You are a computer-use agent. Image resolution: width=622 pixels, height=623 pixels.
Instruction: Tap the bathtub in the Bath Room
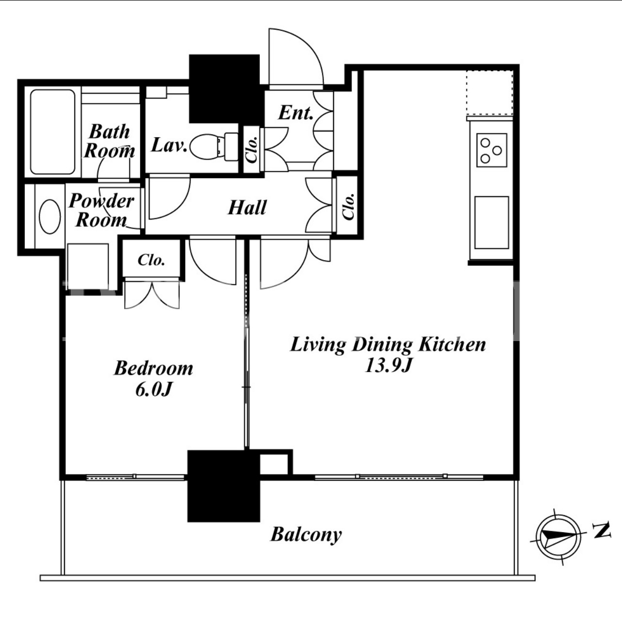(53, 132)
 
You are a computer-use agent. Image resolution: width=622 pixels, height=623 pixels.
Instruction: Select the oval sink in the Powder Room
(50, 216)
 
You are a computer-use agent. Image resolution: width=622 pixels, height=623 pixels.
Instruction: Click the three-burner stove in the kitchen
(492, 150)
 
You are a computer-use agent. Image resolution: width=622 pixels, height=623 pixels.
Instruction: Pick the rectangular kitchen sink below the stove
(492, 222)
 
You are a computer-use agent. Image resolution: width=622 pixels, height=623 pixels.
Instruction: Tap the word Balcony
(306, 535)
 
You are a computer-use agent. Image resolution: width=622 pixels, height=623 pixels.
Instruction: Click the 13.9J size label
(388, 366)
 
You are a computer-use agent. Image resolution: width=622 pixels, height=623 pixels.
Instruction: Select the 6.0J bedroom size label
(153, 389)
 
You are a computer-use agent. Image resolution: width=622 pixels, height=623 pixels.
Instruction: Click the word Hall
(247, 208)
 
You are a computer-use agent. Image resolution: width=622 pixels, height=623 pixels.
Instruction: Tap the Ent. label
(296, 113)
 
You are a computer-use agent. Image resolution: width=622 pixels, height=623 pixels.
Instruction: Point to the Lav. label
(169, 145)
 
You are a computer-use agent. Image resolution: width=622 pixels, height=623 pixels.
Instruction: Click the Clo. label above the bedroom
(151, 260)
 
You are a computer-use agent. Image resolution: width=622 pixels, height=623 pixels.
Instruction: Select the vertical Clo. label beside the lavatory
(252, 149)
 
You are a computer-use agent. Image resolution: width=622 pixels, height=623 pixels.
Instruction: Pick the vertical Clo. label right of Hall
(348, 207)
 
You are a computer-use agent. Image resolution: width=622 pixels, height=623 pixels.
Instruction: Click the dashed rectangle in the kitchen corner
(490, 93)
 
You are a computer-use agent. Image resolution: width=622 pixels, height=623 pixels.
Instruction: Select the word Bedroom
(154, 368)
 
